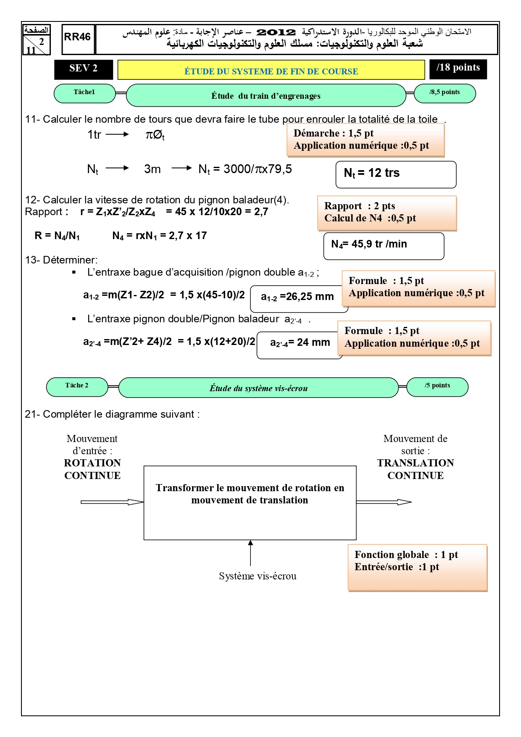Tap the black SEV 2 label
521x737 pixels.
pyautogui.click(x=84, y=69)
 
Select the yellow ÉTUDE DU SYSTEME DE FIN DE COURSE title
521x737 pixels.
pyautogui.click(x=271, y=70)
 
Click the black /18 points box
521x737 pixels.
pyautogui.click(x=458, y=69)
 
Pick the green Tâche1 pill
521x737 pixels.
pyautogui.click(x=84, y=93)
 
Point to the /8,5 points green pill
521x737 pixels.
pyautogui.click(x=445, y=93)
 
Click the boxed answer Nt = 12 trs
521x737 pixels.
pyautogui.click(x=396, y=174)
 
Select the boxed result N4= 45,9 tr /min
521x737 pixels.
pyautogui.click(x=384, y=246)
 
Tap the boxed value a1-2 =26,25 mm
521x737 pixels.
pyautogui.click(x=299, y=299)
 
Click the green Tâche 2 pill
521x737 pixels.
pyautogui.click(x=77, y=387)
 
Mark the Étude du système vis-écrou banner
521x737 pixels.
pyautogui.click(x=258, y=387)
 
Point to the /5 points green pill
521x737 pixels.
pyautogui.click(x=437, y=387)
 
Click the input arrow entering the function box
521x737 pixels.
pyautogui.click(x=112, y=502)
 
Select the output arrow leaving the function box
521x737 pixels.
pyautogui.click(x=384, y=502)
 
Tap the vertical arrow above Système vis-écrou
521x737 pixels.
pyautogui.click(x=250, y=553)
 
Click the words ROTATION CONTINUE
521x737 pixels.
pyautogui.click(x=92, y=469)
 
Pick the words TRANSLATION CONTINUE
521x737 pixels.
pyautogui.click(x=416, y=469)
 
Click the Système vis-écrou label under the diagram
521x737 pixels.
pyautogui.click(x=258, y=576)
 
